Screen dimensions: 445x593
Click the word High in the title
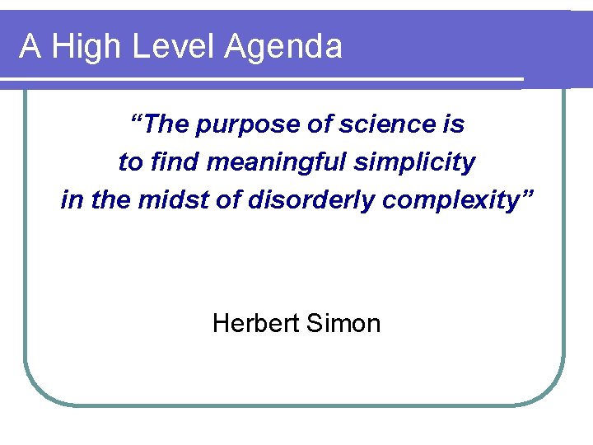[84, 47]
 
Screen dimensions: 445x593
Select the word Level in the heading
[161, 47]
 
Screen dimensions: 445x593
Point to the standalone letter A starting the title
[30, 46]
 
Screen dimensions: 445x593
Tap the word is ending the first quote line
[454, 124]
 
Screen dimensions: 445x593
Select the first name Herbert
[255, 323]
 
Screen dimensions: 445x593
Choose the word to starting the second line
[129, 163]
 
